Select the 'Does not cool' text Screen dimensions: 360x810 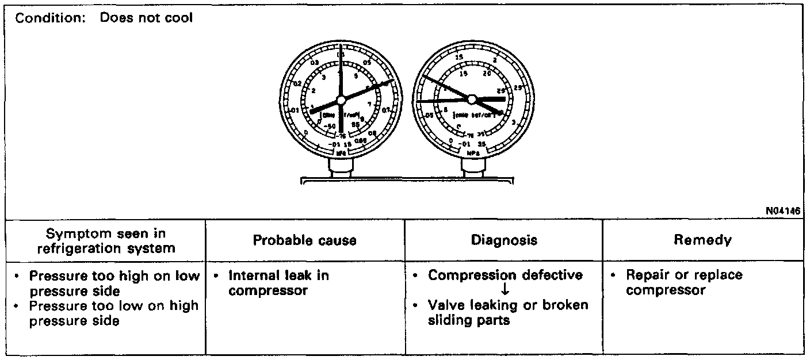(x=147, y=18)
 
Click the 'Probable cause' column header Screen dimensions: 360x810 (x=305, y=240)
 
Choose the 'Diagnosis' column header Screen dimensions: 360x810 (x=504, y=240)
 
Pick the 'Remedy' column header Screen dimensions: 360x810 (x=702, y=240)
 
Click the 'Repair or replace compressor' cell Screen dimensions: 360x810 (x=684, y=282)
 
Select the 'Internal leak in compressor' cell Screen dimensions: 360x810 (x=278, y=282)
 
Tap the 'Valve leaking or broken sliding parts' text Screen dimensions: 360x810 (x=508, y=312)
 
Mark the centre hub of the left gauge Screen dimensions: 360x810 (x=341, y=100)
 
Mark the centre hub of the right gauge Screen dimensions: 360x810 (x=472, y=99)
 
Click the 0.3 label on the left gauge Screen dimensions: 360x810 (x=314, y=63)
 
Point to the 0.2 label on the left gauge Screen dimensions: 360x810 (x=297, y=84)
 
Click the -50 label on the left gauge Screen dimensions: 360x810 (x=330, y=126)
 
